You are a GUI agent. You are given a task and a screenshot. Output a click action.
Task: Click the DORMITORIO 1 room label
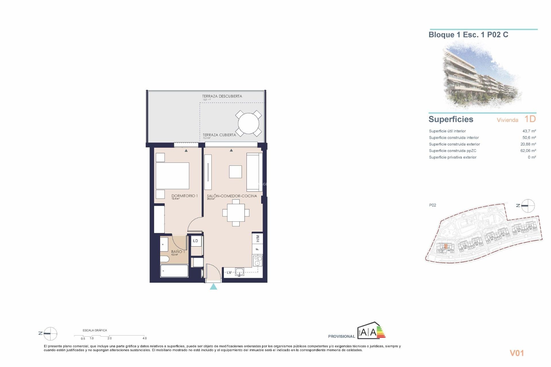(x=184, y=196)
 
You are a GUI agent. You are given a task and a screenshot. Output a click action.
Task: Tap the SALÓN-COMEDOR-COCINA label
(x=232, y=196)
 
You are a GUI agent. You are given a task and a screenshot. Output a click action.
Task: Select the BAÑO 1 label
(x=178, y=251)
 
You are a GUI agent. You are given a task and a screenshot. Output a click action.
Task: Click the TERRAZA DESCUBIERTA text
(x=222, y=96)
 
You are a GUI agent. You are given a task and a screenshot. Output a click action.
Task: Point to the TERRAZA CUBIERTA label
(x=219, y=135)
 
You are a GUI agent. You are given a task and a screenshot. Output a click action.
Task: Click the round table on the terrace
(x=248, y=124)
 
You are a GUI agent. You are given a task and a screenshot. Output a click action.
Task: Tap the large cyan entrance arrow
(x=213, y=286)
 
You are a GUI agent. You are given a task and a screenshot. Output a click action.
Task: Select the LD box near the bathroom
(x=195, y=241)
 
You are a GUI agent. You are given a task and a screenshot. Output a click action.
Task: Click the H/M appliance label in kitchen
(x=257, y=238)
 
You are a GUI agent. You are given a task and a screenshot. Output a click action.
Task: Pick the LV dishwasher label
(x=229, y=272)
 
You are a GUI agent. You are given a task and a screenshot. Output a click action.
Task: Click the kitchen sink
(x=239, y=272)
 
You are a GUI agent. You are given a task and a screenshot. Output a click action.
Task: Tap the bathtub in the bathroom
(x=174, y=271)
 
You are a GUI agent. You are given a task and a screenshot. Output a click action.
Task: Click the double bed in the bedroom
(x=172, y=176)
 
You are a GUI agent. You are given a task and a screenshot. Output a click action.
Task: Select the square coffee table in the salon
(x=235, y=172)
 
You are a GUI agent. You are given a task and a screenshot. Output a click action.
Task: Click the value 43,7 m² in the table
(x=529, y=131)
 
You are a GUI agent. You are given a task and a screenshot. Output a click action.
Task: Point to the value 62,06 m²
(x=528, y=151)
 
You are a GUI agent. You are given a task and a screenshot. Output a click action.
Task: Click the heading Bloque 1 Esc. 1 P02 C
(x=468, y=35)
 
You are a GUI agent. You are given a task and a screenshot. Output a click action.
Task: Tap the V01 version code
(x=517, y=353)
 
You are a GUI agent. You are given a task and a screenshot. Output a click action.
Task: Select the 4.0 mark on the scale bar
(x=145, y=338)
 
